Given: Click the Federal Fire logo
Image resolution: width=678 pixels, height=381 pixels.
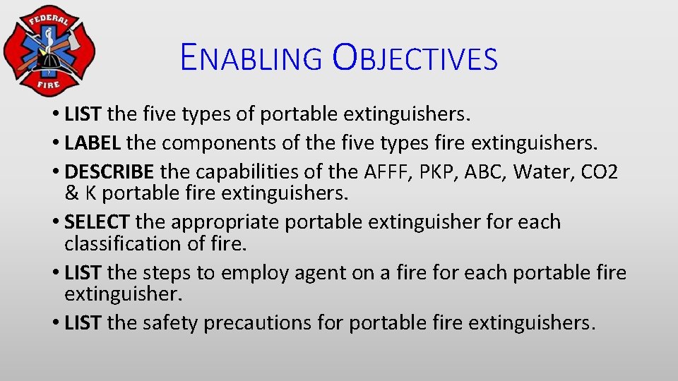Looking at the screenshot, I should pyautogui.click(x=47, y=51).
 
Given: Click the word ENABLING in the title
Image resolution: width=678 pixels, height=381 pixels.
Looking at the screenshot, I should pyautogui.click(x=250, y=58).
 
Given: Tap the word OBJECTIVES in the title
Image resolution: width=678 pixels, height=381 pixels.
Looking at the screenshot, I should pyautogui.click(x=415, y=58).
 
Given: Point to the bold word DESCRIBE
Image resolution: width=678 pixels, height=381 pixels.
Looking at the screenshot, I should pyautogui.click(x=109, y=171).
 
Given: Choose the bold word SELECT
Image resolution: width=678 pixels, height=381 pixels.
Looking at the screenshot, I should pyautogui.click(x=97, y=222).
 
